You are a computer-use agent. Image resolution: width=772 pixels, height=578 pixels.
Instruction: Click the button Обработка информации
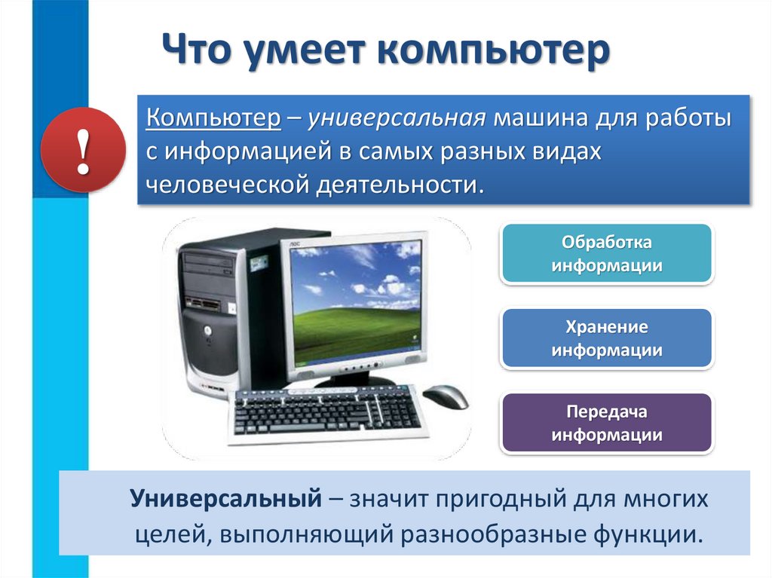607,254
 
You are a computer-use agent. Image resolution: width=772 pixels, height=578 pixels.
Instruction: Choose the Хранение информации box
607,338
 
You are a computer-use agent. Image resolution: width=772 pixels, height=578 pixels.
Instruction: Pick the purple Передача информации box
607,423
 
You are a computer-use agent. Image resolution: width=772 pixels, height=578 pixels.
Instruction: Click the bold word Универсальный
221,498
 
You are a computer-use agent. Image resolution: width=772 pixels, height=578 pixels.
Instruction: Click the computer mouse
445,396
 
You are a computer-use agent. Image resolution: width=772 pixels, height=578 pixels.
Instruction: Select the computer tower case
215,309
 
